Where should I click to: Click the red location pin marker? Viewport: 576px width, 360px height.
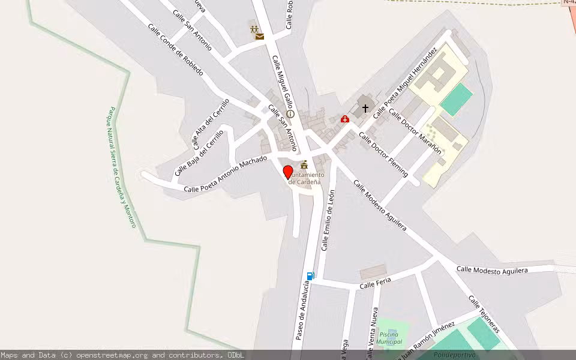[x=287, y=172]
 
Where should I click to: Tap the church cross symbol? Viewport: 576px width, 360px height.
[x=365, y=109]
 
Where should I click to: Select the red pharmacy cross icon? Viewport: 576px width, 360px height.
[x=344, y=119]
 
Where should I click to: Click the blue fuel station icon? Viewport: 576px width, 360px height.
[x=311, y=276]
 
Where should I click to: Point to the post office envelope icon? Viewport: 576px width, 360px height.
[x=259, y=37]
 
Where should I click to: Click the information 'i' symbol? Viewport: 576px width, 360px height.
[x=290, y=113]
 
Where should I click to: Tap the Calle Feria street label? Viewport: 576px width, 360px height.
[x=375, y=284]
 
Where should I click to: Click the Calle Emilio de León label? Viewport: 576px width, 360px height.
[x=328, y=220]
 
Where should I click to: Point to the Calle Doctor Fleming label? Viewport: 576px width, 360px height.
[x=383, y=154]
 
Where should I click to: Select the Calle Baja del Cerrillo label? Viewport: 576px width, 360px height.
[x=199, y=153]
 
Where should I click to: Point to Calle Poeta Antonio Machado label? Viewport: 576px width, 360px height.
[x=225, y=174]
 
